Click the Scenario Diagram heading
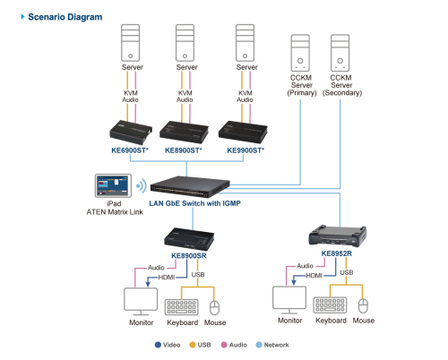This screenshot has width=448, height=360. [x=65, y=17]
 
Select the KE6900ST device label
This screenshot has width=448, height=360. [x=130, y=150]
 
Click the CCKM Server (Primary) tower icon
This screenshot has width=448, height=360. [x=300, y=53]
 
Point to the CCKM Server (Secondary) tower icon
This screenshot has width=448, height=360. [x=340, y=53]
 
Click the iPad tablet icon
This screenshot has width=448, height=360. [x=113, y=185]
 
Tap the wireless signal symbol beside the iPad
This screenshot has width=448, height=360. [x=142, y=185]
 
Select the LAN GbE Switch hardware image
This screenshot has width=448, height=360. [x=190, y=187]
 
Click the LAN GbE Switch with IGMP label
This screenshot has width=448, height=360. [x=194, y=203]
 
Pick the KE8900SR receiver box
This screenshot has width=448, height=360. [x=189, y=239]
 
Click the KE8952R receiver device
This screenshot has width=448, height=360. [x=338, y=236]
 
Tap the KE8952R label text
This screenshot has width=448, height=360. [x=337, y=253]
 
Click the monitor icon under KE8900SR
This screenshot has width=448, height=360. [x=141, y=301]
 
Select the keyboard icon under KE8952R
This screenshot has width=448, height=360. [x=330, y=304]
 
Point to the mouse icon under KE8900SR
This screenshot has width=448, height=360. [x=214, y=308]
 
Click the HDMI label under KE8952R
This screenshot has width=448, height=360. [x=314, y=275]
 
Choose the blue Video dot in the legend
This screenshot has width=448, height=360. [x=158, y=345]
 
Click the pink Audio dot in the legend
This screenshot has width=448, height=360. [x=224, y=345]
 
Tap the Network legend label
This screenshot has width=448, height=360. [x=276, y=345]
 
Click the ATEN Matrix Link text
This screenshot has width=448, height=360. [x=115, y=212]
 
